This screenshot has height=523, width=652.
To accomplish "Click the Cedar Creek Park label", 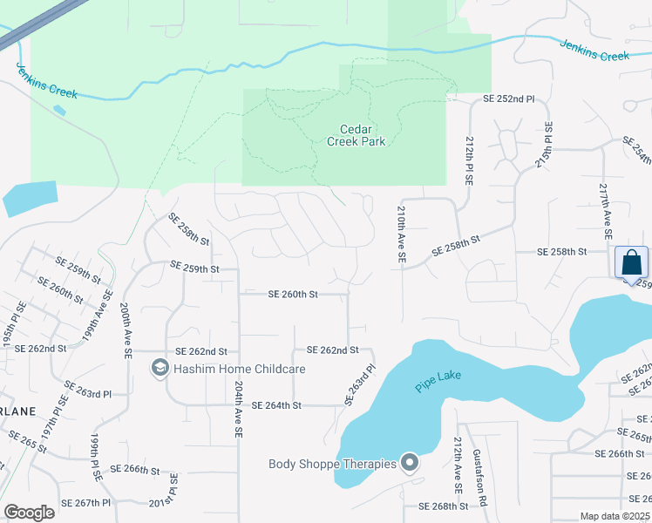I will click(356, 135).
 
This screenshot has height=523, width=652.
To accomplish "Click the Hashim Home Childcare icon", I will click(160, 370).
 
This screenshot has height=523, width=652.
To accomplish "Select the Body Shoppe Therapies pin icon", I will click(410, 463).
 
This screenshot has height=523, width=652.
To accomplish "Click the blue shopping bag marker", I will click(631, 261).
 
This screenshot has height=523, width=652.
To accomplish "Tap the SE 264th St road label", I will click(276, 405).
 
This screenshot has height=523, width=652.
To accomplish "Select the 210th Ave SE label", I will click(402, 235).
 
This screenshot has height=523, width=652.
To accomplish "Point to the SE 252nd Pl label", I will click(509, 99).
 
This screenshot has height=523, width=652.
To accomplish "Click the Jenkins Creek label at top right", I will click(594, 51).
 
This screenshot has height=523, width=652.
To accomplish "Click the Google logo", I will click(29, 513).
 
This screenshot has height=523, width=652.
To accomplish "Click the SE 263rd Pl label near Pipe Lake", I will click(358, 384).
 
